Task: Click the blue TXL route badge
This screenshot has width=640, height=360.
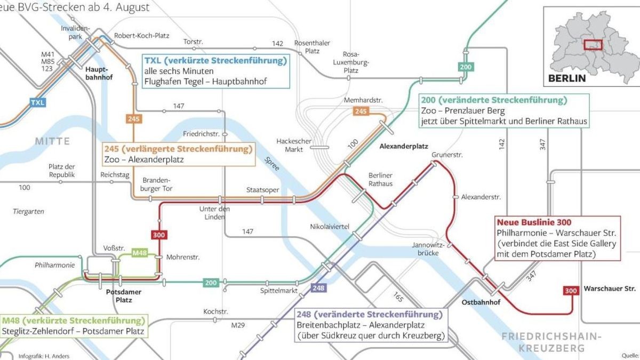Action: coord(37,102)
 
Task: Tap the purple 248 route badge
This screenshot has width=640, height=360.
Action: coord(318,289)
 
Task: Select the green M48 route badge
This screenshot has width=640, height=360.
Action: coord(139,253)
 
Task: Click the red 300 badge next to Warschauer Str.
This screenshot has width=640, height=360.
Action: coord(571,291)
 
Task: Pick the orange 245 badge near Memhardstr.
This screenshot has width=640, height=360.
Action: coord(361,111)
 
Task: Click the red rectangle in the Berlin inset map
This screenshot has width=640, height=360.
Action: coord(592,45)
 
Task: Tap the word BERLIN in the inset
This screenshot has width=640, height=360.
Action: coord(567,78)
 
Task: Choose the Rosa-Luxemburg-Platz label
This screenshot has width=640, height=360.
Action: coord(351,62)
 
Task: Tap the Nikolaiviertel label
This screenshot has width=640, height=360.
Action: coord(330,227)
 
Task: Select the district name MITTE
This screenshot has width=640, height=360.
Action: coord(52,141)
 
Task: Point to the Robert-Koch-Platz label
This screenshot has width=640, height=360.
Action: coord(141,36)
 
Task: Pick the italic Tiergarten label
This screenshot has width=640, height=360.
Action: coord(28,212)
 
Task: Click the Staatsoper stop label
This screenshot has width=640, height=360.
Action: coord(259,190)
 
